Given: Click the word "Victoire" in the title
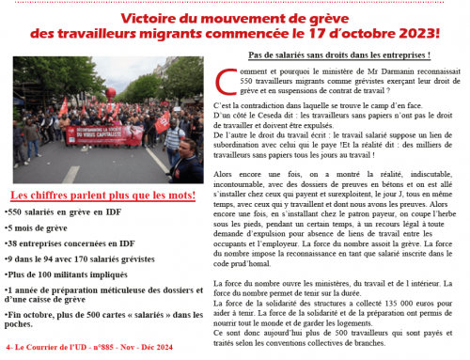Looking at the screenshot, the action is [154, 18].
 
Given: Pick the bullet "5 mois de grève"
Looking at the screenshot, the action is [37, 227].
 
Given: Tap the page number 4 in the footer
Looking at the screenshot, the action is [8, 349].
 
